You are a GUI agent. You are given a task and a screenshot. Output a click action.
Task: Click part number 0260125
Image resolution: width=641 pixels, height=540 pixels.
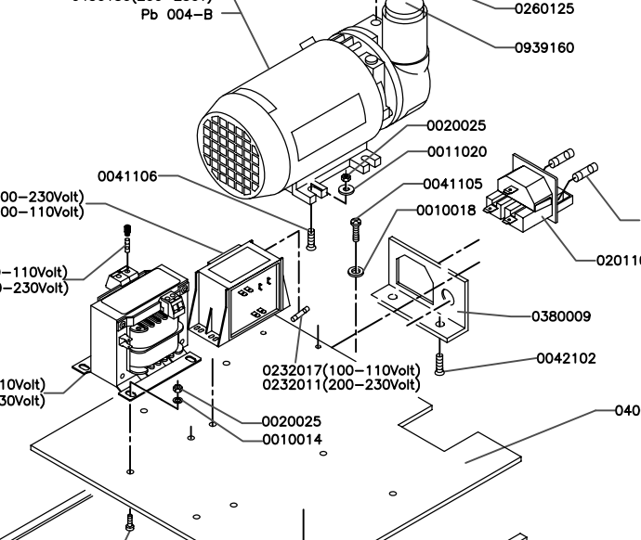point(544,9)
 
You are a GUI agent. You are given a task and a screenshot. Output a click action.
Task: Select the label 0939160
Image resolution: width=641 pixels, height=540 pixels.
point(544,46)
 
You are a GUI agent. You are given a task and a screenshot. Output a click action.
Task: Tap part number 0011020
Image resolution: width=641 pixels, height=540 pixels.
point(456,152)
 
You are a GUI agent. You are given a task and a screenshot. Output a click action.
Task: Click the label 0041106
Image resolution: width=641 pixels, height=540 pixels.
point(127,176)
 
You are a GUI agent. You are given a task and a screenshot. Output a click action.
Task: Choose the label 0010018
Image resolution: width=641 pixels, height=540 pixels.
point(445,211)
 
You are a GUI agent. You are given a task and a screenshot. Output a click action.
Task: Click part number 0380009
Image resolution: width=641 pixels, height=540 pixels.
point(560,316)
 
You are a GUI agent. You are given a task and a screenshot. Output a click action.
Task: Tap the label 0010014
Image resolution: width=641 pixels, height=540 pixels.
point(293,439)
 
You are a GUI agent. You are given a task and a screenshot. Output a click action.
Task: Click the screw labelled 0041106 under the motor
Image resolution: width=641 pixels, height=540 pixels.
point(311,239)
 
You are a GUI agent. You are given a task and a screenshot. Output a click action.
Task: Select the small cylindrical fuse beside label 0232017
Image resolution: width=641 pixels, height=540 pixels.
point(299,317)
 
